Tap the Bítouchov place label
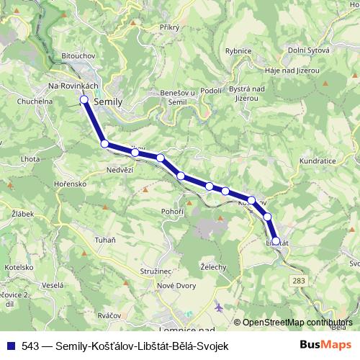[78, 55]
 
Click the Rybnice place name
[238, 50]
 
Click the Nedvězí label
[120, 170]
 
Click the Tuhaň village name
[104, 239]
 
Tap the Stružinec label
[156, 271]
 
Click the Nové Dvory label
[176, 287]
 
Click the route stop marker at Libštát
[276, 241]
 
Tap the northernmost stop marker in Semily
[84, 99]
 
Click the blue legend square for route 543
[10, 346]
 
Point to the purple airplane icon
[219, 307]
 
